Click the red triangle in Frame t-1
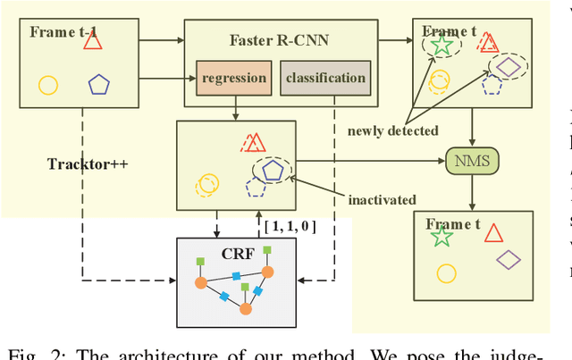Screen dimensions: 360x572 93,41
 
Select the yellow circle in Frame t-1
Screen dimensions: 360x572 48,86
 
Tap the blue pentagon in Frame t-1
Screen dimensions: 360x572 99,86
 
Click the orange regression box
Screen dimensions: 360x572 234,78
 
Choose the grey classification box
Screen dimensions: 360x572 325,78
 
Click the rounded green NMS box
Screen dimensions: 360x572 471,162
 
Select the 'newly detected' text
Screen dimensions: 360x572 393,130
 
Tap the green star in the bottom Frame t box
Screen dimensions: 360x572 440,237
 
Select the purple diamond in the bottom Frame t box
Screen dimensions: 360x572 509,260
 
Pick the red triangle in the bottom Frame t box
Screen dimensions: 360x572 495,233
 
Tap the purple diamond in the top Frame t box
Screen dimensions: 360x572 508,67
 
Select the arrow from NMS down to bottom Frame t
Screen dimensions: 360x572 471,191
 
